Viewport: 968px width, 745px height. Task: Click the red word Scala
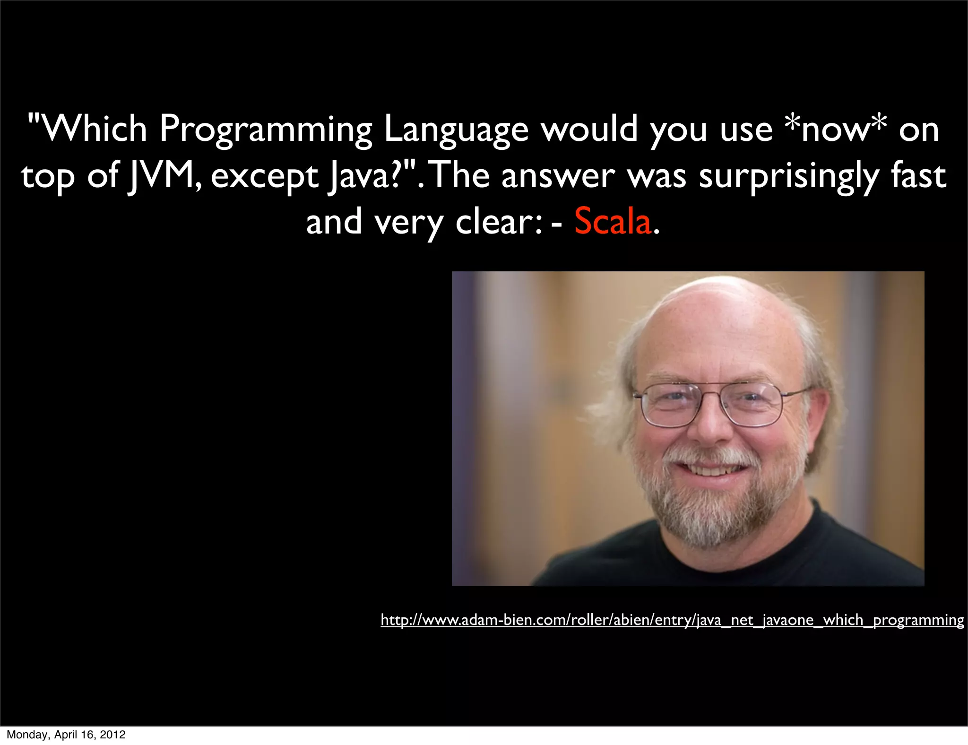point(613,221)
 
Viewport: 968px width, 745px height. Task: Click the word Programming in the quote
point(266,130)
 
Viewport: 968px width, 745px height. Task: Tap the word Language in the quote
point(456,130)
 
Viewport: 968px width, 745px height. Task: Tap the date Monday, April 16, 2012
point(66,735)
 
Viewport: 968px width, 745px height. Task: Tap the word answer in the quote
point(558,176)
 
